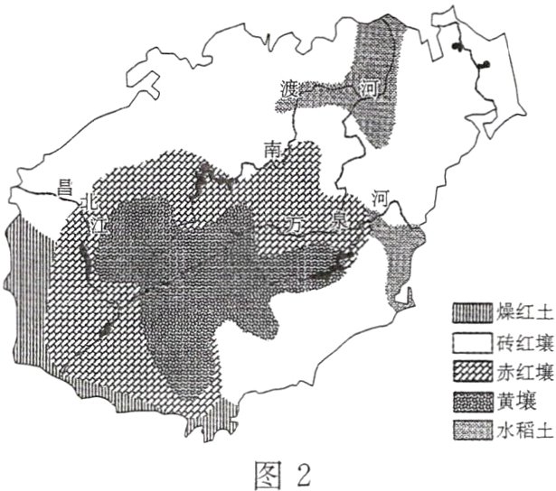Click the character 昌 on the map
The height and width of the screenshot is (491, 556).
coord(64,188)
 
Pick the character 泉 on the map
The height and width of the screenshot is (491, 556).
coord(339,216)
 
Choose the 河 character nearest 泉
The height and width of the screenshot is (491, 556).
coord(382,198)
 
